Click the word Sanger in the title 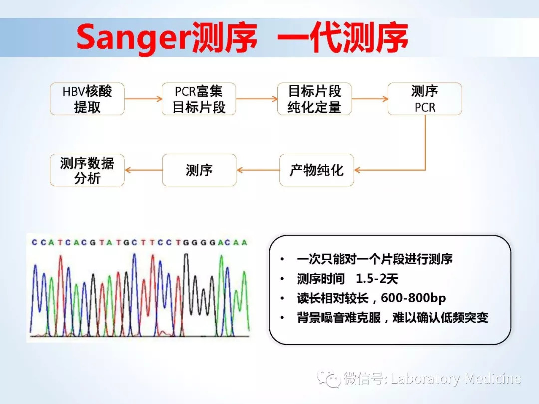[131, 39]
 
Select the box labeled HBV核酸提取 [87, 99]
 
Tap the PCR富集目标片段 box [199, 99]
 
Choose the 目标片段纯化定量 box [314, 99]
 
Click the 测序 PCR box [425, 99]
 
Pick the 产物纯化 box [316, 170]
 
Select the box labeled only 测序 [199, 170]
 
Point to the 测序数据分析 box [87, 170]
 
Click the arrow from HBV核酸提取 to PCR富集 [143, 99]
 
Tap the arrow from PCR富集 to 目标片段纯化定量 [257, 99]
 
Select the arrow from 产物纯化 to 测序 [258, 170]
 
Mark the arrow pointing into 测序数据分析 [143, 170]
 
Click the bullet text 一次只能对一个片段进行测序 [374, 259]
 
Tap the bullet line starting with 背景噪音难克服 [392, 318]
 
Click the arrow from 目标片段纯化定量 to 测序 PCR [369, 99]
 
